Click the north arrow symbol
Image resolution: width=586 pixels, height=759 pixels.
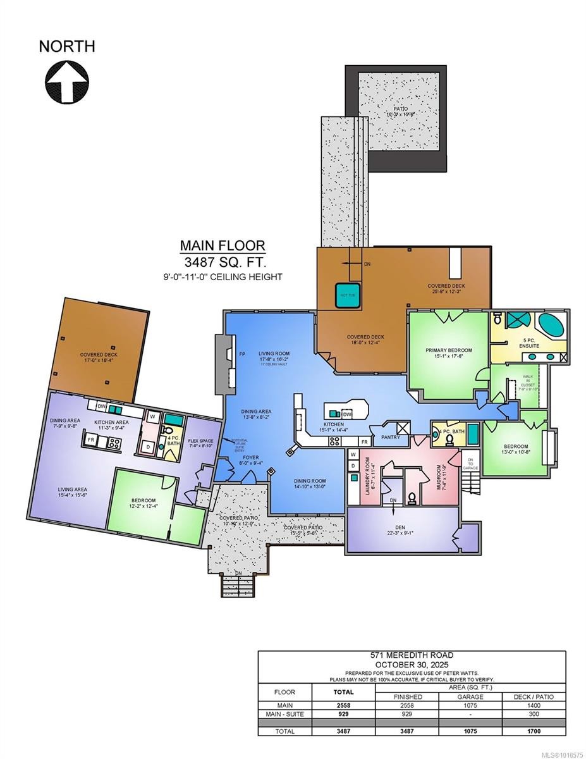point(66,81)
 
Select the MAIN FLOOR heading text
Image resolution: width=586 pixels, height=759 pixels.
point(223,245)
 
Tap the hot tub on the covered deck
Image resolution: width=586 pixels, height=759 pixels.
point(348,294)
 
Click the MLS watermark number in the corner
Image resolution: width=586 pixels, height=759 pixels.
point(555,753)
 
